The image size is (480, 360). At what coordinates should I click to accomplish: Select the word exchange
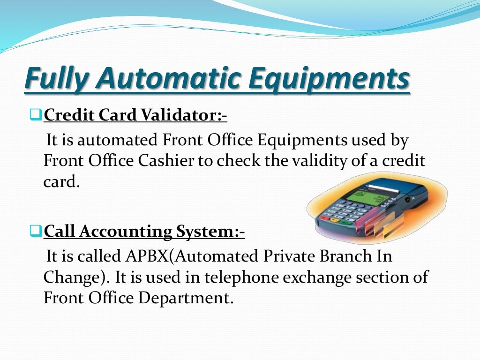(324, 277)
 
